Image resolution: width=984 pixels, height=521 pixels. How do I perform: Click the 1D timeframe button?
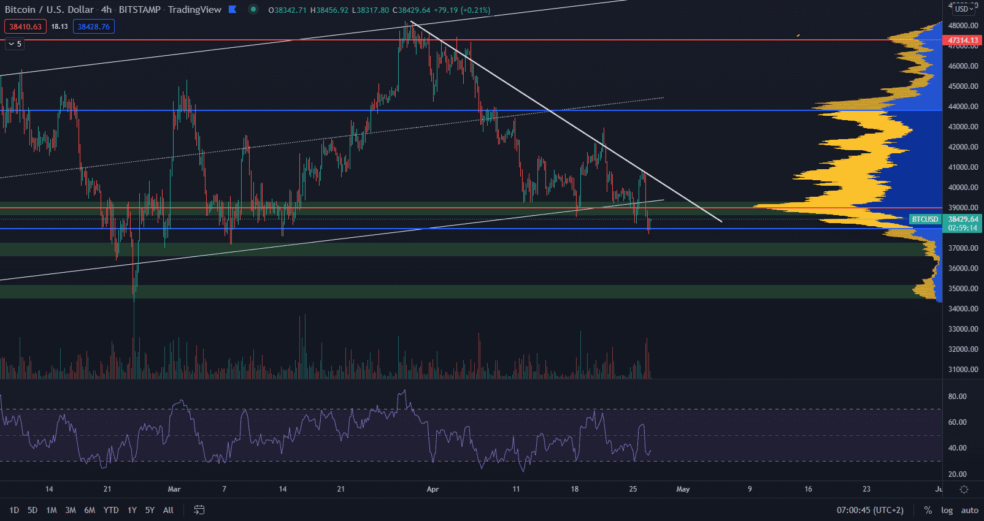pos(14,510)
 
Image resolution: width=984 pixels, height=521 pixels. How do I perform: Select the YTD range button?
pos(111,510)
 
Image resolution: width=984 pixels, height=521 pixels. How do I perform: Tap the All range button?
pos(168,510)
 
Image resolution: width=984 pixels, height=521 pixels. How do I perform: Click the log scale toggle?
pos(947,510)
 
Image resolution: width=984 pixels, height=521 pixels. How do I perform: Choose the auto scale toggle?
pos(969,510)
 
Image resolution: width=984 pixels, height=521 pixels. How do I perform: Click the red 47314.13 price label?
pos(963,40)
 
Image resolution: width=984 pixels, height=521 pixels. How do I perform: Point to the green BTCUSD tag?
pos(925,219)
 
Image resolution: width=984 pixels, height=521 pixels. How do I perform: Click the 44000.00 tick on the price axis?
pos(963,107)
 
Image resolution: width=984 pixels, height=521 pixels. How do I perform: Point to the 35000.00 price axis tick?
pos(963,289)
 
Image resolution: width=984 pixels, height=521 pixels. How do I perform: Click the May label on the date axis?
pos(683,489)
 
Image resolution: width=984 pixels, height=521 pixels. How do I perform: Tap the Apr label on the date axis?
pos(432,489)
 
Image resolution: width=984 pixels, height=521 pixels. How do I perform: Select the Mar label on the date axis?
pos(174,489)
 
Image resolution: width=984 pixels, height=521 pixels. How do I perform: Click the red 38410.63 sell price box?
pos(25,27)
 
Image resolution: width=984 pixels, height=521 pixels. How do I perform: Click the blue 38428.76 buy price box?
pos(93,27)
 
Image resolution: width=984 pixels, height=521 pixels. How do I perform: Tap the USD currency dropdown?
pos(964,9)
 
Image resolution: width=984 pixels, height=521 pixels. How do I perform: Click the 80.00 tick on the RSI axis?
pos(957,397)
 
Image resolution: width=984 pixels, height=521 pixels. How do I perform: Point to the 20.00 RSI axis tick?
pos(957,474)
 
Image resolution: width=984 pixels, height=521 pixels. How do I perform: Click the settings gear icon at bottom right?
pos(964,489)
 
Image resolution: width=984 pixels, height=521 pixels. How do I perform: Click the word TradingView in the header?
pos(194,10)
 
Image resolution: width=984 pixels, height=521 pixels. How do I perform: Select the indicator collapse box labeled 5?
pos(15,44)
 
